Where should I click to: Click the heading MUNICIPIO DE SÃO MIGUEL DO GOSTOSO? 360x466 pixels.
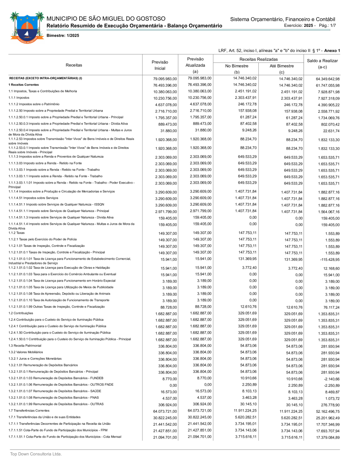coord(106,19)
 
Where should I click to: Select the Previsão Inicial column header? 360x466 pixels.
coord(160,65)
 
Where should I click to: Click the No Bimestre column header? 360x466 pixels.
coord(237,66)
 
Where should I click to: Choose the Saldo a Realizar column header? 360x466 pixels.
coord(322,64)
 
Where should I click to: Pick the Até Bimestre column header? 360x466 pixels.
coord(282,66)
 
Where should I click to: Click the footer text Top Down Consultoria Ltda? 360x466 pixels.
coord(36,454)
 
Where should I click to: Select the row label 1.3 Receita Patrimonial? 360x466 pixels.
coord(25,346)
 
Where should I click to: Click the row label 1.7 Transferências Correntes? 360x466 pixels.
coord(29,410)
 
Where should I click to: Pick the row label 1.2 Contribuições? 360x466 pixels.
coord(21,313)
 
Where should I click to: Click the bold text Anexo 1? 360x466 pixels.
coord(332,51)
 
